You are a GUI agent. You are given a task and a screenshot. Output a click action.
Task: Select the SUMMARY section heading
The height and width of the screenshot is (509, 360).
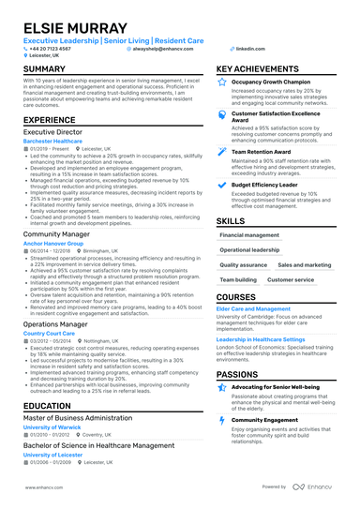coord(44,70)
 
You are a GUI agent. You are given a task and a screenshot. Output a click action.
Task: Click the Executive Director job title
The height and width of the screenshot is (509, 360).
coord(52,134)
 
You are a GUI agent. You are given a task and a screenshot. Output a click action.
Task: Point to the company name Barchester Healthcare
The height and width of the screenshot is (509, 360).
coord(52,142)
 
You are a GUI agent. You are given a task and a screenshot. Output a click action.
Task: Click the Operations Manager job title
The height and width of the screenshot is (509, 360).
coord(56,323)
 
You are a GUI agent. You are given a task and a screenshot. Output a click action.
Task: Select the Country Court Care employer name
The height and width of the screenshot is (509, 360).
coord(49,332)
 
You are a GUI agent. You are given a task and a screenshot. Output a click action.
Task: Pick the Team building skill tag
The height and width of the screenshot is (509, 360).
coord(237,279)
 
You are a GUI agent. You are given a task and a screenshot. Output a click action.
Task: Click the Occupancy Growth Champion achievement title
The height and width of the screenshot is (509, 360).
coord(270,82)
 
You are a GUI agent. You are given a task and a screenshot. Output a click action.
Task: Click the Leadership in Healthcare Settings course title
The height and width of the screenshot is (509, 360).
coord(274,339)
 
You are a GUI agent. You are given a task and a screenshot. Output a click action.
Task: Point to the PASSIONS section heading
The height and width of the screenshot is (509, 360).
coord(238,374)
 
